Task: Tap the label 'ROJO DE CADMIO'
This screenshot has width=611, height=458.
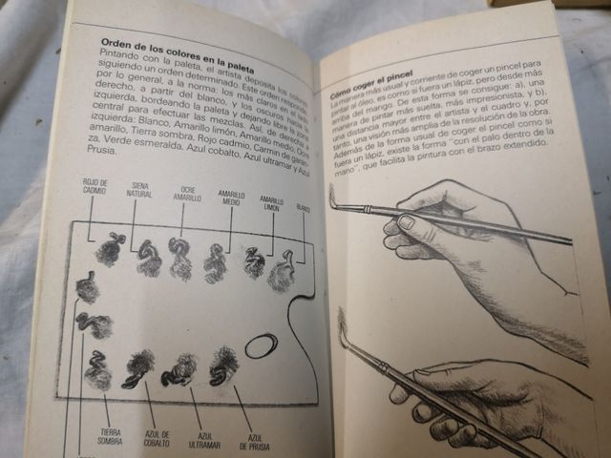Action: pyautogui.click(x=95, y=185)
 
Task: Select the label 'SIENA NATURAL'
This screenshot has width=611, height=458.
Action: pyautogui.click(x=139, y=190)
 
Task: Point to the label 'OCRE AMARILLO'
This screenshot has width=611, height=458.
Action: pyautogui.click(x=187, y=193)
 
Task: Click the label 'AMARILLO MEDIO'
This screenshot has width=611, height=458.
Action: pyautogui.click(x=231, y=196)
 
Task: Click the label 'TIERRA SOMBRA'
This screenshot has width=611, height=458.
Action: pyautogui.click(x=111, y=436)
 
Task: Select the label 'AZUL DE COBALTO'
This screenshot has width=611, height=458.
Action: pyautogui.click(x=158, y=439)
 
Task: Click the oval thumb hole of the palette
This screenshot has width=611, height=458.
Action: pyautogui.click(x=261, y=345)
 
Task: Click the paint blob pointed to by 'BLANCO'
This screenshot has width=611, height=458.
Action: pyautogui.click(x=283, y=274)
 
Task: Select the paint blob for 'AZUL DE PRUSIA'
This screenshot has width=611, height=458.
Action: pyautogui.click(x=224, y=364)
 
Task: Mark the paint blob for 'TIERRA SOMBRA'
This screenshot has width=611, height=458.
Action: pyautogui.click(x=98, y=371)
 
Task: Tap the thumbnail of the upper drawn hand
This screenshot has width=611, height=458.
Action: pyautogui.click(x=406, y=223)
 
